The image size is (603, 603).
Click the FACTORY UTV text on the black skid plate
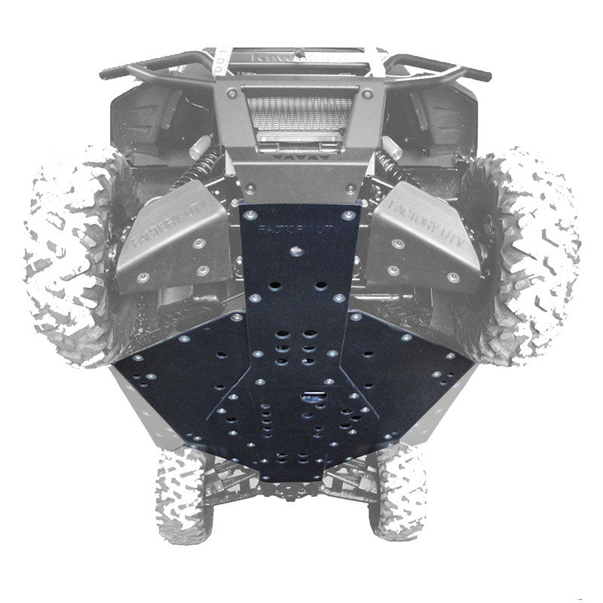(295, 228)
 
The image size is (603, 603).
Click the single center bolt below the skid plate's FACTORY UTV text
(295, 249)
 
